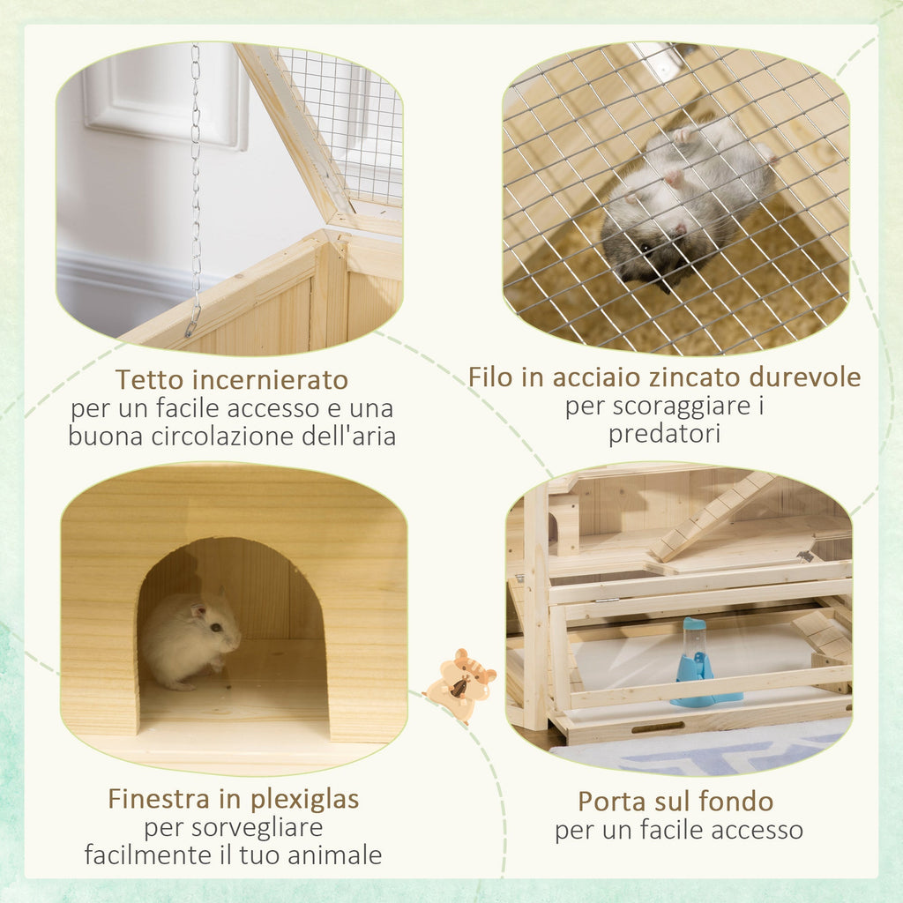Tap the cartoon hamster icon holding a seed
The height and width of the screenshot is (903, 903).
(460, 685)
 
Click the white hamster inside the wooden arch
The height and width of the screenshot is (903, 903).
(190, 638)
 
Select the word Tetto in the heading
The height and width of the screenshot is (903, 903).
(148, 381)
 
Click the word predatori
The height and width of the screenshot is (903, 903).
(664, 434)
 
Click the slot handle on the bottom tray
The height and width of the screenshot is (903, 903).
(657, 728)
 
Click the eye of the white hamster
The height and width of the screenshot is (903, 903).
(215, 627)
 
